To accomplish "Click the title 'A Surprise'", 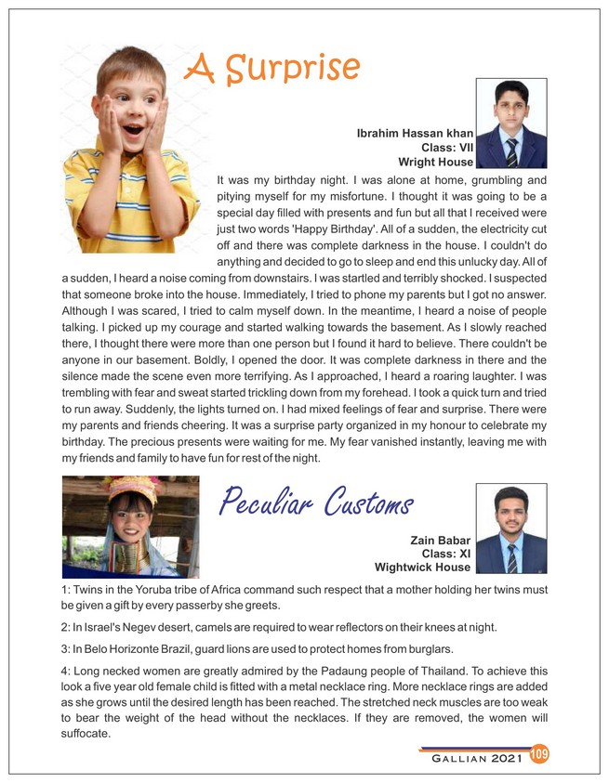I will (x=272, y=67).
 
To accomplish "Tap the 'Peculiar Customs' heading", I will (x=316, y=502).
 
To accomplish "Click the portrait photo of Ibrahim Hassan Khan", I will (x=511, y=124).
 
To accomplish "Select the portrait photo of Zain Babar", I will (x=511, y=528).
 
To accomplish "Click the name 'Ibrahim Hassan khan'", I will (x=415, y=134).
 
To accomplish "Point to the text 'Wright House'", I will (x=435, y=162).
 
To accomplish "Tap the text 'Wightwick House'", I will (x=422, y=567).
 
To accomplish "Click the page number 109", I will (x=538, y=754).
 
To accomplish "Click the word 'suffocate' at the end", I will (x=86, y=734).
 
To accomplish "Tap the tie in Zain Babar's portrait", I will (x=512, y=557).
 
